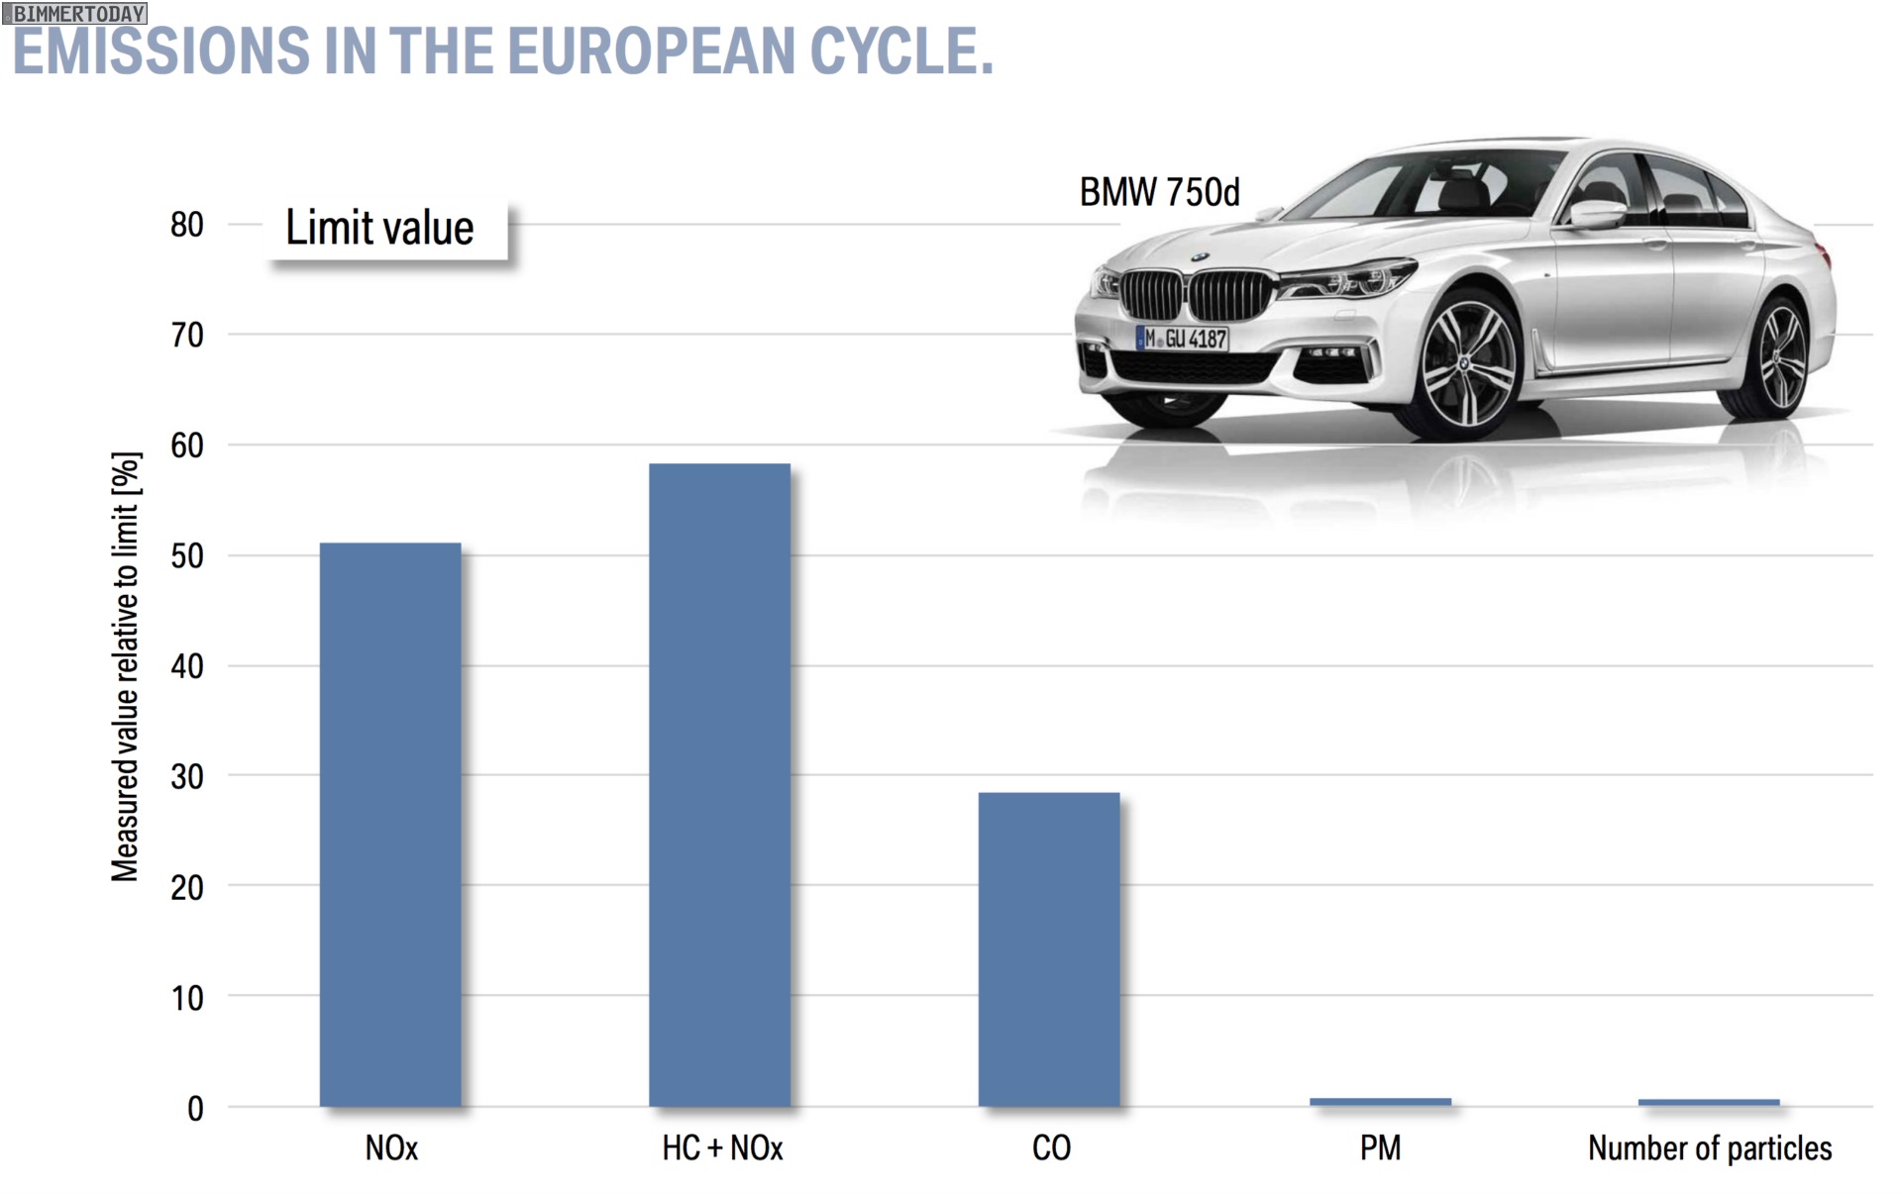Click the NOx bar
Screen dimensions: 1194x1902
click(390, 824)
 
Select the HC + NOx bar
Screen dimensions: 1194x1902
click(719, 784)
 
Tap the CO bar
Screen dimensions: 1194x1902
click(1049, 948)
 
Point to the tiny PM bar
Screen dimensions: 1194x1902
click(1380, 1101)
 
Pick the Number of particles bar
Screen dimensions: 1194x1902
click(1709, 1102)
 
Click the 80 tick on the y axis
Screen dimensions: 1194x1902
click(187, 225)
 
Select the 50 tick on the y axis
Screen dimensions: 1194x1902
click(187, 555)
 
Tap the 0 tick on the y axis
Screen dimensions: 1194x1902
click(195, 1108)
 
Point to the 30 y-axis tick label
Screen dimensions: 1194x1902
click(187, 777)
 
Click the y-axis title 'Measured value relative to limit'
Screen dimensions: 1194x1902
click(126, 666)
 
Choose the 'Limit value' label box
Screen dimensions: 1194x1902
click(385, 229)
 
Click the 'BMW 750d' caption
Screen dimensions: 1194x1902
click(1159, 192)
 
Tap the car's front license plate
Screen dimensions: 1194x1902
click(1182, 339)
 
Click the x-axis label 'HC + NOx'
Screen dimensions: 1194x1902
click(722, 1148)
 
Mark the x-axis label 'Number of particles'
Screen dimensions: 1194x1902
click(1710, 1148)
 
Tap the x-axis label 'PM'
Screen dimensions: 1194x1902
click(1380, 1148)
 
